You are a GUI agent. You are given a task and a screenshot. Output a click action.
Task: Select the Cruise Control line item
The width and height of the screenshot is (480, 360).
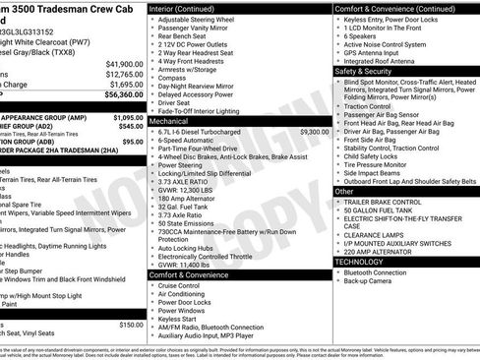pyautogui.click(x=187, y=286)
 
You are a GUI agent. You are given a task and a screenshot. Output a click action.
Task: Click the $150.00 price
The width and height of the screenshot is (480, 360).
pyautogui.click(x=130, y=324)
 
